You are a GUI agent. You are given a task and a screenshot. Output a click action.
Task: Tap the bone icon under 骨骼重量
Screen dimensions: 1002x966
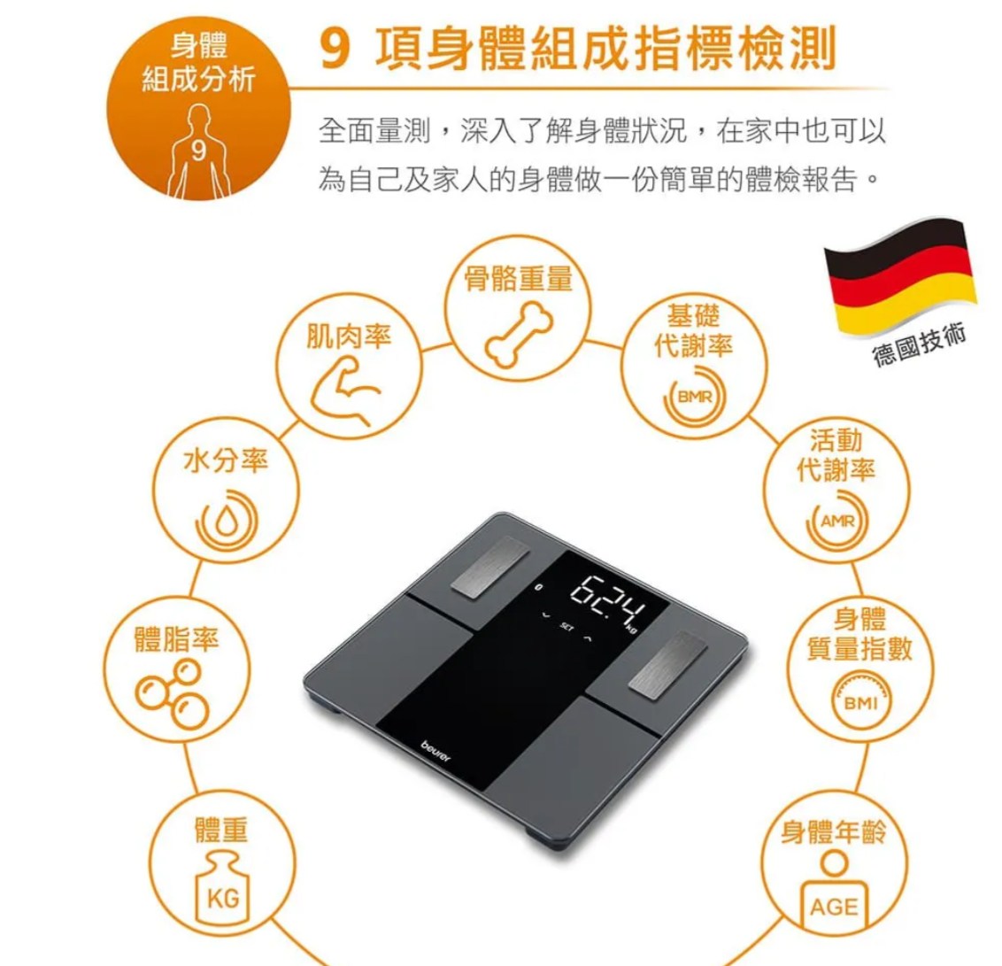click(x=519, y=335)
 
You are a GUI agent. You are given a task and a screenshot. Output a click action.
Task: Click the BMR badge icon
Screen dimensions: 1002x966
click(x=695, y=397)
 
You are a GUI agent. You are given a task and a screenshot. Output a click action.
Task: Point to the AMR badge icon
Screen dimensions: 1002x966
click(x=837, y=521)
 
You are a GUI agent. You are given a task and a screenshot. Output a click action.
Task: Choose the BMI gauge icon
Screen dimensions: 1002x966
click(x=860, y=700)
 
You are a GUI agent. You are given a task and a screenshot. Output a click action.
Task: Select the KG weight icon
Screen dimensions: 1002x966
click(x=222, y=889)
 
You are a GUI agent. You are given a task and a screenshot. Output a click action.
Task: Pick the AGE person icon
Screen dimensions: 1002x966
click(x=833, y=892)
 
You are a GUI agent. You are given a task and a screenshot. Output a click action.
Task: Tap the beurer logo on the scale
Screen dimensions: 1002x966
click(x=435, y=752)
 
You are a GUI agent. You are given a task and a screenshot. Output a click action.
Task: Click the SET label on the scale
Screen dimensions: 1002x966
click(x=567, y=627)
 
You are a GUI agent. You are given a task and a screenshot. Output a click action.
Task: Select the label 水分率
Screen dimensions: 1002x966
click(x=226, y=460)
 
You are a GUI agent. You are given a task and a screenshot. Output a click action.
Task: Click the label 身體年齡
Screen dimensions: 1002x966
click(x=833, y=831)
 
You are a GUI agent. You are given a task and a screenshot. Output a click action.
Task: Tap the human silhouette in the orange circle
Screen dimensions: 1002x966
click(x=198, y=152)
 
